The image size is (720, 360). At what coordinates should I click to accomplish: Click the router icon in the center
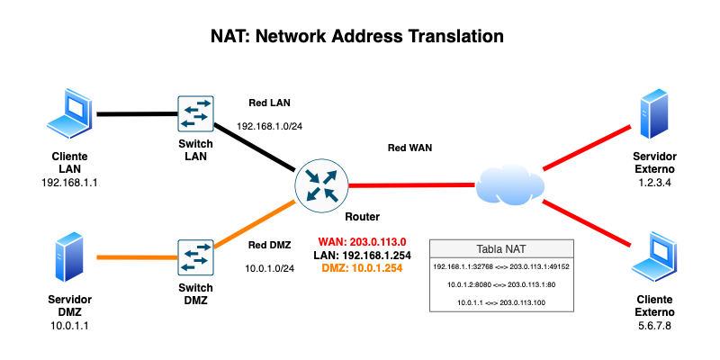tap(321, 185)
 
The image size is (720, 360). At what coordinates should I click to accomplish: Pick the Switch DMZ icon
tap(195, 258)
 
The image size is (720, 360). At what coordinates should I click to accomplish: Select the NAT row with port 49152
tap(501, 266)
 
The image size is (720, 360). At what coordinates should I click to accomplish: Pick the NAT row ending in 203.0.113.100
tap(501, 302)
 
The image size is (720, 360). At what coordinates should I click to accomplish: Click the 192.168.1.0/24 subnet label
tap(269, 125)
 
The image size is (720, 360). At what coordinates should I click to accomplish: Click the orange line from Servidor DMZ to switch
tap(135, 257)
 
